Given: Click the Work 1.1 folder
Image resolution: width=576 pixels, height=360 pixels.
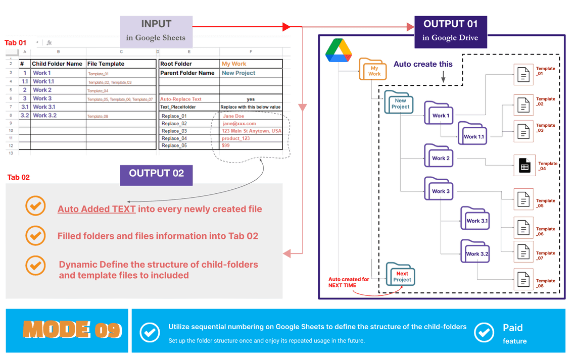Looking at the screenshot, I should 473,134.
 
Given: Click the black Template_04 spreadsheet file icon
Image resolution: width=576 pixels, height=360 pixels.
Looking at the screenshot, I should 524,165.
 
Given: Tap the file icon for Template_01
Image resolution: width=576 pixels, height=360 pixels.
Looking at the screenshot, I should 523,74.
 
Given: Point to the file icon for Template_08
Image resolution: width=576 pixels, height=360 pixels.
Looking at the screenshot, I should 523,279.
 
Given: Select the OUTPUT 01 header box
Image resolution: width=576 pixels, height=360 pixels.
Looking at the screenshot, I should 450,31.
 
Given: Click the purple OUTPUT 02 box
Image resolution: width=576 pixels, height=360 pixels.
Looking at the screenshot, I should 156,174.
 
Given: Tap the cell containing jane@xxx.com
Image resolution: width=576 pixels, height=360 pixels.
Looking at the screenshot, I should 251,124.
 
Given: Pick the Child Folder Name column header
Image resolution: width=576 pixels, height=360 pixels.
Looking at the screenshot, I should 57,64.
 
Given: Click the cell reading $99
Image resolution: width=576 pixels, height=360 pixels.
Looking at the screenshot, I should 251,145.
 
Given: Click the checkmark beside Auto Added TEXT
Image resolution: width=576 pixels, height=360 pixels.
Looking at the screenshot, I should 35,207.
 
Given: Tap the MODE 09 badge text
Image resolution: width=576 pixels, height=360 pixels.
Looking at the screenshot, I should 72,330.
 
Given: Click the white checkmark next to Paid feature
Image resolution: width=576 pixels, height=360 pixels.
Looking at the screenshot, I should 484,332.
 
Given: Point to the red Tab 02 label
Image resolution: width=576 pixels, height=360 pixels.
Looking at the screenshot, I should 18,177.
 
